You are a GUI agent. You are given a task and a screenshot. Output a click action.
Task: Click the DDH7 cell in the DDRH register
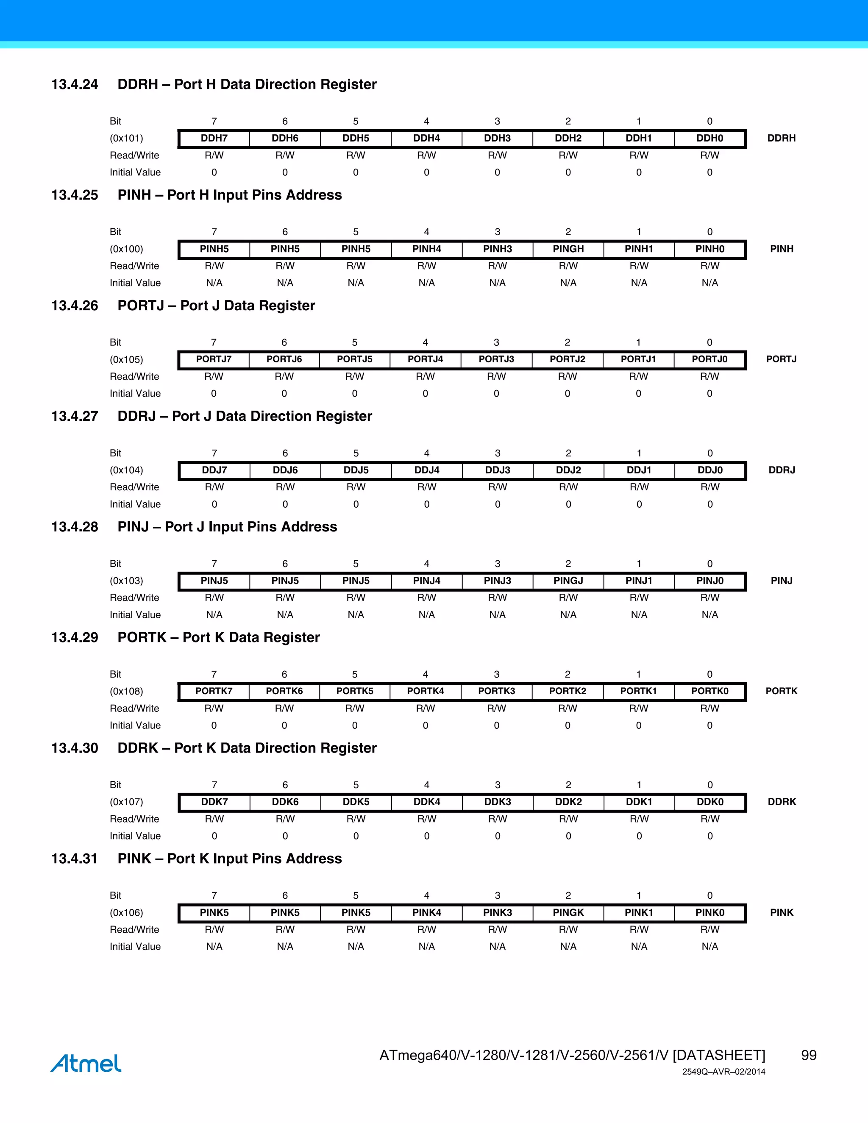click(x=214, y=138)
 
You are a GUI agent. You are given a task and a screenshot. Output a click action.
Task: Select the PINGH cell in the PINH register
click(x=568, y=249)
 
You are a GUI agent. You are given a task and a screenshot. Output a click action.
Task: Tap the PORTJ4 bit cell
click(x=425, y=359)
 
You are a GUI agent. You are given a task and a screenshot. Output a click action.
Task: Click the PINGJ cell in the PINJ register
click(x=568, y=581)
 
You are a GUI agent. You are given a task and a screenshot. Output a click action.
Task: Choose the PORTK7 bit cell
click(x=214, y=691)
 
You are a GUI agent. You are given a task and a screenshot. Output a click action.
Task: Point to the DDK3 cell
click(x=497, y=802)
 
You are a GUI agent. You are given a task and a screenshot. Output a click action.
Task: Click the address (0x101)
click(x=126, y=138)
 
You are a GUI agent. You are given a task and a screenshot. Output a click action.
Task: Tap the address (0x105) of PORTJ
click(x=126, y=359)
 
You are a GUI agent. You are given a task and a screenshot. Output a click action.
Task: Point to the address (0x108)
click(x=126, y=691)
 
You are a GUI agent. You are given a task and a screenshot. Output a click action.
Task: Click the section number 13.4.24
click(x=75, y=84)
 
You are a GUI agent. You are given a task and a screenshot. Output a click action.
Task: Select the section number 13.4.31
click(x=75, y=858)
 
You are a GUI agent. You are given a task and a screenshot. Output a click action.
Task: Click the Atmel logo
click(x=86, y=1063)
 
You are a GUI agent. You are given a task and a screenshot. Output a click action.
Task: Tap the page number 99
click(x=808, y=1055)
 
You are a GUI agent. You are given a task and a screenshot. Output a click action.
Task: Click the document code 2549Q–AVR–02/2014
click(x=723, y=1072)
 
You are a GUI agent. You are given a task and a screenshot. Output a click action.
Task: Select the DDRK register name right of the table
click(x=782, y=802)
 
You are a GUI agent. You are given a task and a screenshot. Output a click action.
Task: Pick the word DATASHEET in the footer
click(x=719, y=1055)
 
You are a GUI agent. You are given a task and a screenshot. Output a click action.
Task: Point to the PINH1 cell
click(x=639, y=249)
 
